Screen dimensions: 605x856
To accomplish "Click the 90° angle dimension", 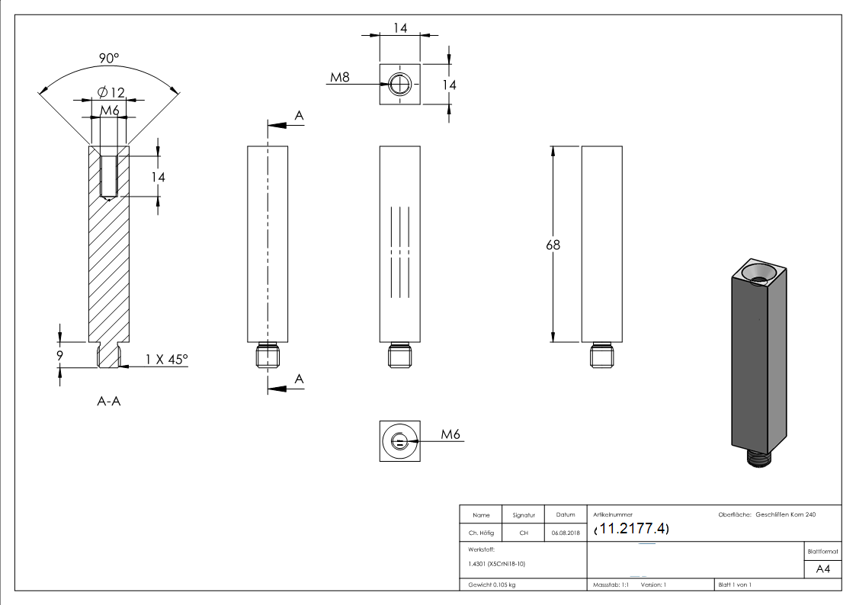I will (x=108, y=59).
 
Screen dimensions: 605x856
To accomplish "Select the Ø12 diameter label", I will (x=111, y=93).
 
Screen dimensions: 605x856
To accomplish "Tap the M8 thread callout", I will (x=340, y=77).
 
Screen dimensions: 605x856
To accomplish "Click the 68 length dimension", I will (x=553, y=245).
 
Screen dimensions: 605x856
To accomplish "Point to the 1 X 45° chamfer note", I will (x=167, y=360).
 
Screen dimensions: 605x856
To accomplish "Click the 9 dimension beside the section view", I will (x=59, y=354).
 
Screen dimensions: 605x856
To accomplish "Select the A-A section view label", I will (x=108, y=402).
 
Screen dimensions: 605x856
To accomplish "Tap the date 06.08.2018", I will (x=565, y=533).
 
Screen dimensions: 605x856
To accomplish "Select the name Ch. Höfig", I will (x=481, y=533).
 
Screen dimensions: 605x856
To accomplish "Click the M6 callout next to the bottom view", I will (x=451, y=434).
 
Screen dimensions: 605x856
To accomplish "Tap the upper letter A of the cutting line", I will (x=299, y=115).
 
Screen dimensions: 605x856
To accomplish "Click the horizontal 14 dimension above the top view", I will (x=399, y=28).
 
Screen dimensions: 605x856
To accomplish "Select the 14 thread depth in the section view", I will (x=159, y=177).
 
